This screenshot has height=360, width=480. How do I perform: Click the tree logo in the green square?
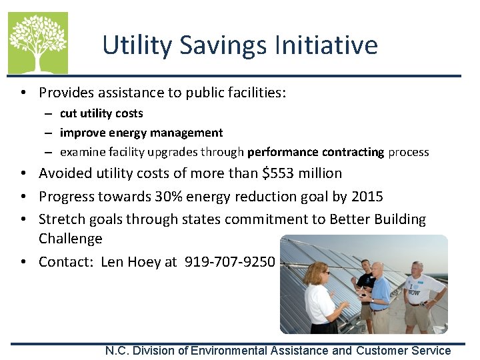coord(37,42)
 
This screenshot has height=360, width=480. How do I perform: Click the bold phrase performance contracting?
coord(315,152)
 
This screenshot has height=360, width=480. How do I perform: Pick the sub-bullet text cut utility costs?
coord(101,113)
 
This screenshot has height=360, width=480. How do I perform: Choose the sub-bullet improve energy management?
coord(141,133)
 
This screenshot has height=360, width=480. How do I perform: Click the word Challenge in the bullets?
coord(71,239)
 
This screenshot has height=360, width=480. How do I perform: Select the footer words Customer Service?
coord(403,351)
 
